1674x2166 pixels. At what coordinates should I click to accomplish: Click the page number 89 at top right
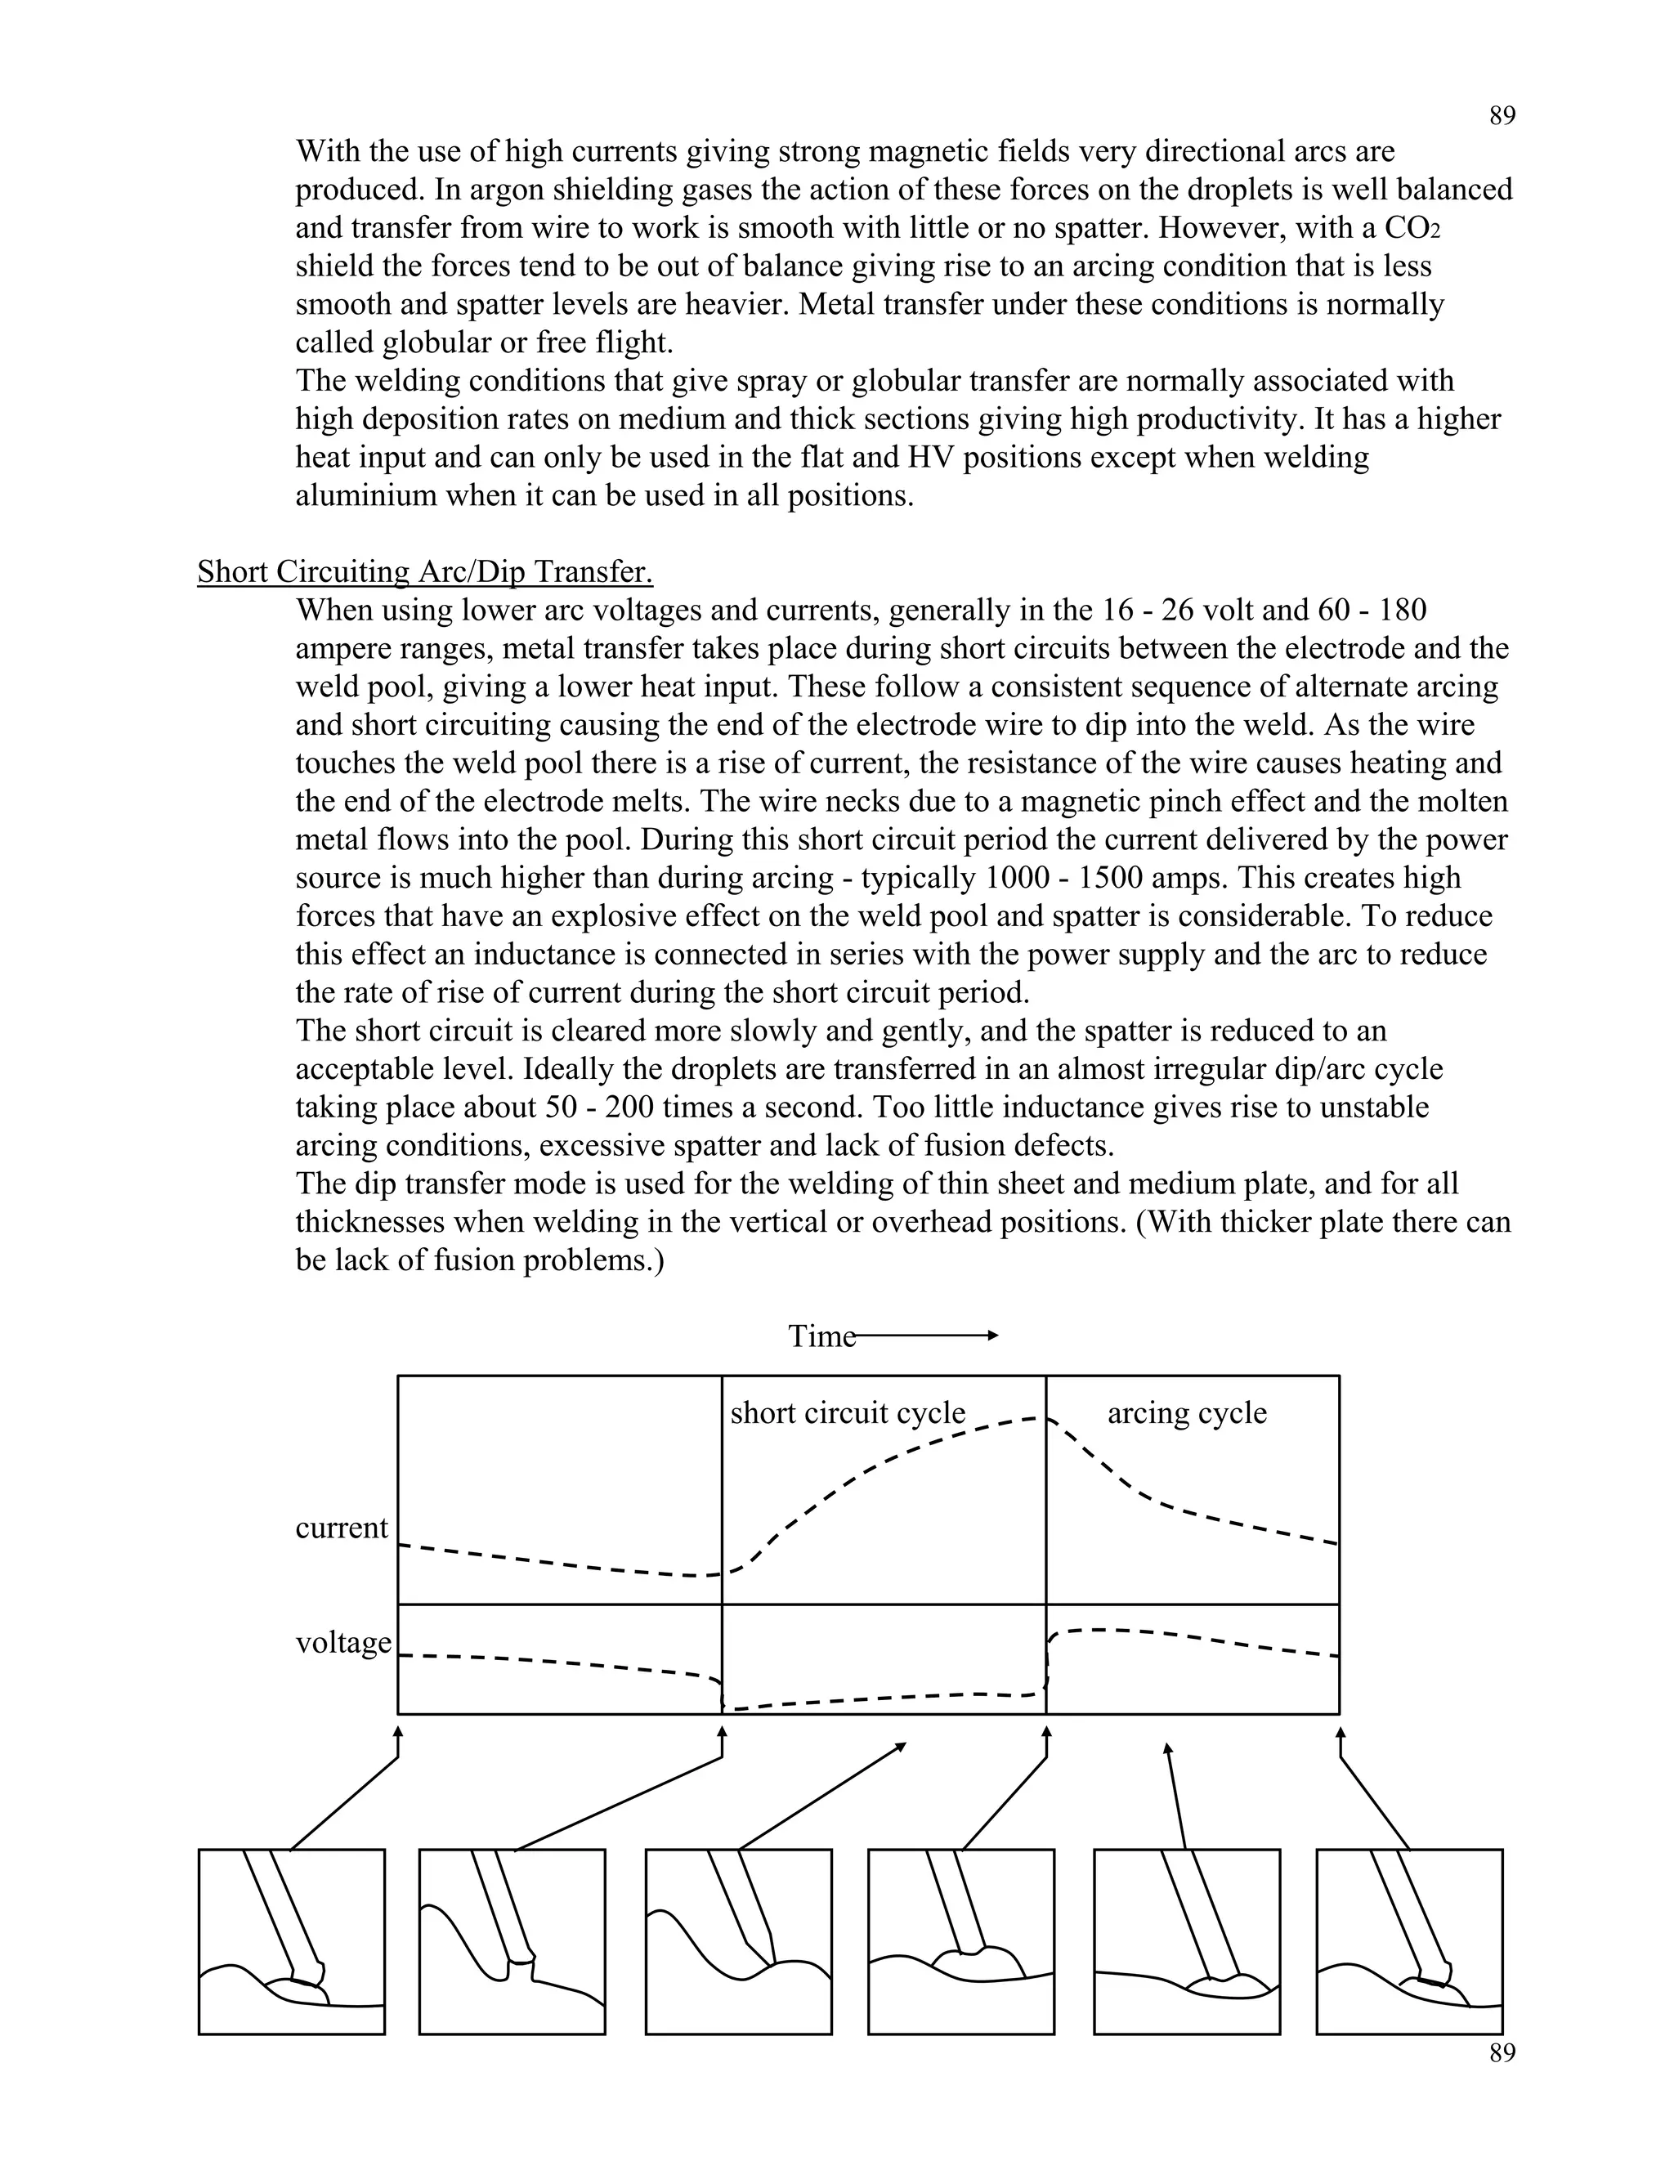[x=1502, y=116]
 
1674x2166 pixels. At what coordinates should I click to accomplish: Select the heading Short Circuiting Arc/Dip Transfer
[x=424, y=572]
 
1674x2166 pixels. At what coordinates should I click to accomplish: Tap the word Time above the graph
[x=821, y=1336]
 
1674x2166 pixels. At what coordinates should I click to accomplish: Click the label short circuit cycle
[x=847, y=1412]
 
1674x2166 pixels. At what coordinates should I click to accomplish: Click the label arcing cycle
[x=1186, y=1412]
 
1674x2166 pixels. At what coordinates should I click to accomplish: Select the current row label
[x=341, y=1528]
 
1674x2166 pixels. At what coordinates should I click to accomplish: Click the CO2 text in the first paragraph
[x=1412, y=228]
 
